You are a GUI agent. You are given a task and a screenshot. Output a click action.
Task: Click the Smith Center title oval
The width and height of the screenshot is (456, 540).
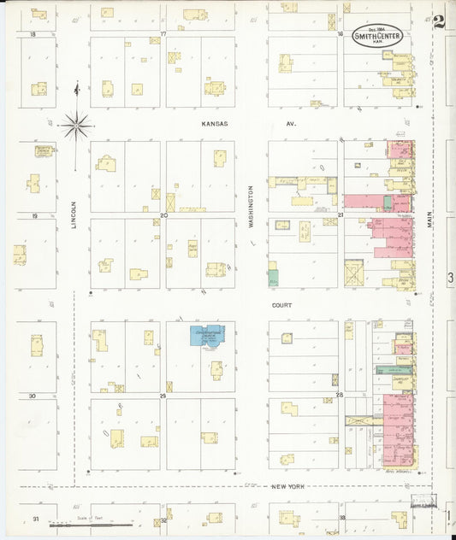point(377,36)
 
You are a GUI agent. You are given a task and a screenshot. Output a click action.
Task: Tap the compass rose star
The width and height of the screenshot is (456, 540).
point(77,126)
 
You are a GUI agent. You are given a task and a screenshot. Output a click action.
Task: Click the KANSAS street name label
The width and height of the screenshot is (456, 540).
point(215,124)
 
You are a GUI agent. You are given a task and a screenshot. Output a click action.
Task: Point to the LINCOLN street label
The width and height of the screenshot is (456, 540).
point(74,214)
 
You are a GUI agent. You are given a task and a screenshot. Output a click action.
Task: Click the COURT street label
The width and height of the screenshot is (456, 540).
point(282,305)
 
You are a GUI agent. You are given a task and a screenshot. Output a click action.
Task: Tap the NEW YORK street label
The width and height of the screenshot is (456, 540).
point(290,486)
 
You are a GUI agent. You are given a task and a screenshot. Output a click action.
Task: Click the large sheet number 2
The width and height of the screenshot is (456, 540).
point(439,21)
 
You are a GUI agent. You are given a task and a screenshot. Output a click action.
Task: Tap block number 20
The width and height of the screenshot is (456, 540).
point(163,215)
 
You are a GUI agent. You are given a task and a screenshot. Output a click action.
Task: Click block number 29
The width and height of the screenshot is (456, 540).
point(163,396)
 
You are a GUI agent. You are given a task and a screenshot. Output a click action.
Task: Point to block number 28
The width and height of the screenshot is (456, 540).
point(340,396)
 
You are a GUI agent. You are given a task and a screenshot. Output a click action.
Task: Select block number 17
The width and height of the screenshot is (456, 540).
point(163,34)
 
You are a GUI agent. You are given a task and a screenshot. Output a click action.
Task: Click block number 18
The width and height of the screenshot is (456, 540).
point(33,34)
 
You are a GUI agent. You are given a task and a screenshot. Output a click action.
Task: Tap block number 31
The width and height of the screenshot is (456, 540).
point(35,519)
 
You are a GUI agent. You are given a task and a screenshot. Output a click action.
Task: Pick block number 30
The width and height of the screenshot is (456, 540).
point(33,396)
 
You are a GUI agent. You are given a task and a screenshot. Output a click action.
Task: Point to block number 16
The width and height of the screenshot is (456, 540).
point(340,34)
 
